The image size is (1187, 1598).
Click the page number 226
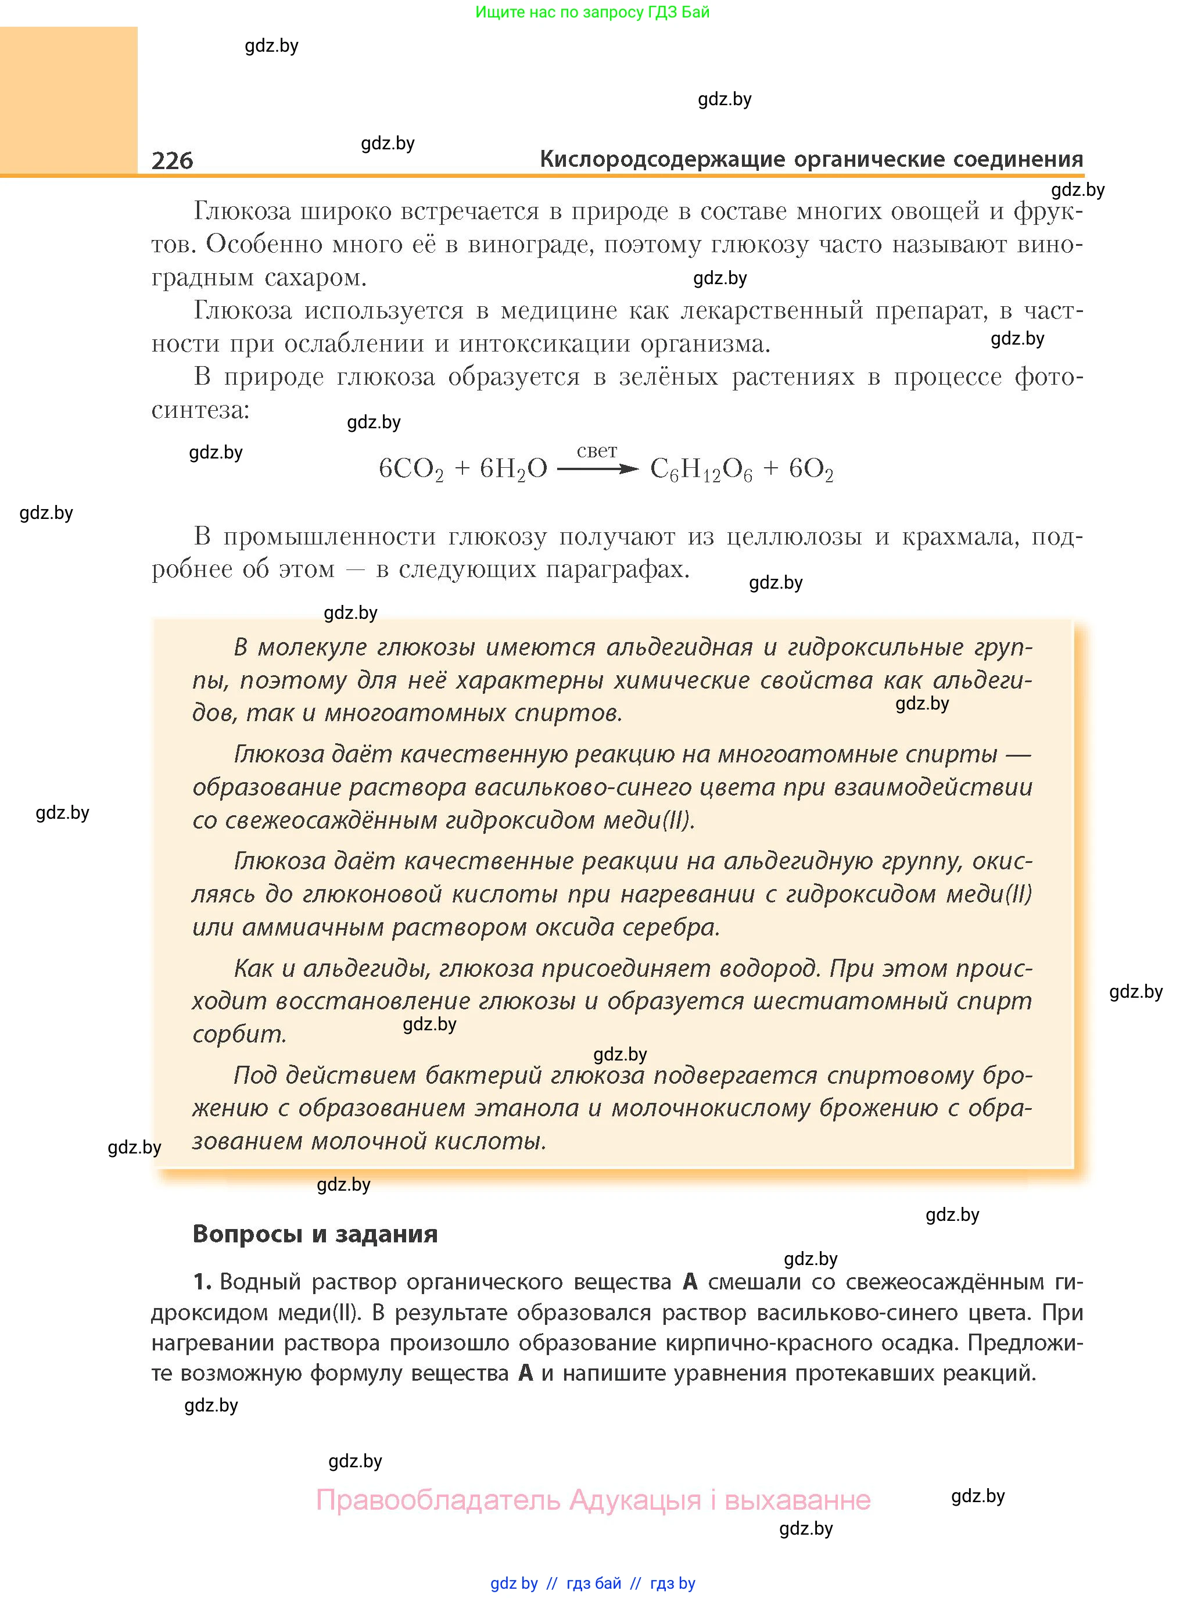pyautogui.click(x=173, y=160)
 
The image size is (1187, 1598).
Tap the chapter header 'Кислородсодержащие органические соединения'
pyautogui.click(x=811, y=159)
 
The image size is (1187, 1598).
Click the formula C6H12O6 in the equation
pyautogui.click(x=701, y=470)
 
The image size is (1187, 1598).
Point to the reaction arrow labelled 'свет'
pyautogui.click(x=597, y=468)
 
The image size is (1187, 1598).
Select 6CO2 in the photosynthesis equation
pyautogui.click(x=411, y=470)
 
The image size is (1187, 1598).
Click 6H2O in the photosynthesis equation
pyautogui.click(x=513, y=470)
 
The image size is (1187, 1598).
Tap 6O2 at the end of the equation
pyautogui.click(x=811, y=470)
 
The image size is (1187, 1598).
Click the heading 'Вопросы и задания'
pyautogui.click(x=315, y=1234)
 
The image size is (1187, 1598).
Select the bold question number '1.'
pyautogui.click(x=202, y=1282)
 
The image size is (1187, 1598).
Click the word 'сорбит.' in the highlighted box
pyautogui.click(x=239, y=1034)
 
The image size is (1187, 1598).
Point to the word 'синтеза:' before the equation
pyautogui.click(x=200, y=410)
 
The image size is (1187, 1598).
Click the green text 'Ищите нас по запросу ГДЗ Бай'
pyautogui.click(x=592, y=12)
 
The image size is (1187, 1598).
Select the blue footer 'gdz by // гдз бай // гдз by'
pyautogui.click(x=593, y=1583)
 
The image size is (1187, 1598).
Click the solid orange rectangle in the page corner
pyautogui.click(x=68, y=100)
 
